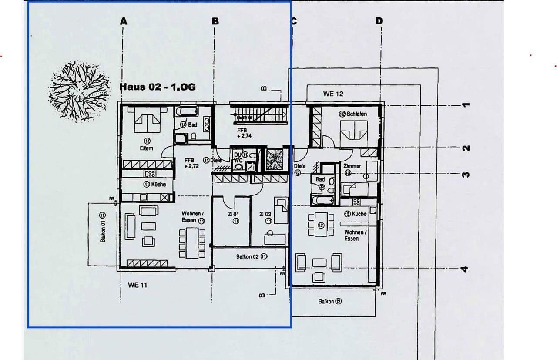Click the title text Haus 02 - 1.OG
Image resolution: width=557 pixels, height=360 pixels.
point(158,87)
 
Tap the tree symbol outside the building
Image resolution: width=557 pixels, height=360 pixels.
point(78,91)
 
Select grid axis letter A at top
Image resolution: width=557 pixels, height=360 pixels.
point(124,21)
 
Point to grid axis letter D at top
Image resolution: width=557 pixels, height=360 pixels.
point(379,21)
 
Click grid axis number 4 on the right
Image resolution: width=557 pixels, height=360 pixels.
point(464,269)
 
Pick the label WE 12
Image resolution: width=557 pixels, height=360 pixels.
point(333,94)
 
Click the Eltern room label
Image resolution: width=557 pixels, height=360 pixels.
point(147,148)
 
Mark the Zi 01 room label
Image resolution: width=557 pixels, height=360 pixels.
point(233,214)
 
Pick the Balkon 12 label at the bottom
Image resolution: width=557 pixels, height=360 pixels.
point(329,301)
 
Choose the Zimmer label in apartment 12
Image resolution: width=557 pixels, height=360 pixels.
point(352,166)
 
